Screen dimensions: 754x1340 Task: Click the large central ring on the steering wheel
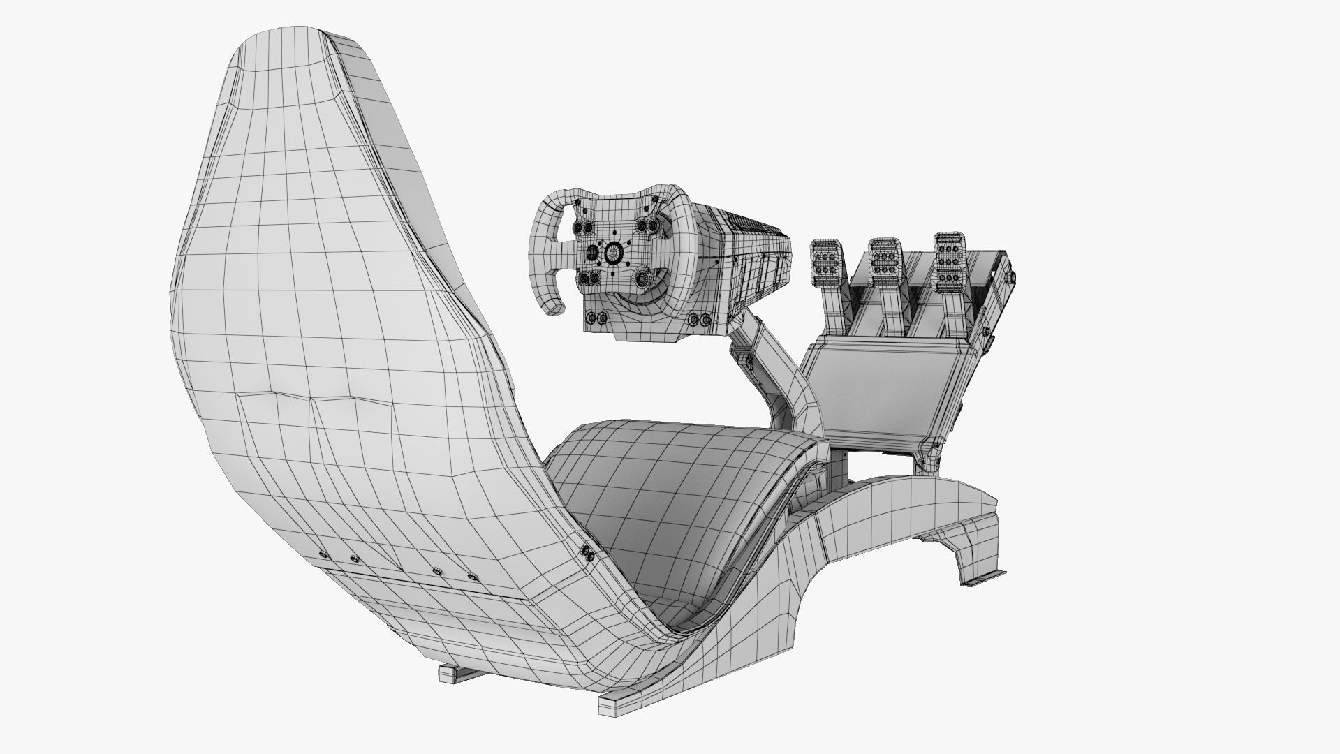tap(614, 252)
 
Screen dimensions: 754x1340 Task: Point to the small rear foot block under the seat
tap(454, 674)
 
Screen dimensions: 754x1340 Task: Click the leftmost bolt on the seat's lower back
tap(323, 554)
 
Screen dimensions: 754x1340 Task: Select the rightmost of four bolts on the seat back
tap(473, 577)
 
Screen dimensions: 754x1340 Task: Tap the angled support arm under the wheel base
tap(775, 377)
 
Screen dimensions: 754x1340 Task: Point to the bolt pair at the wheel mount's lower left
tap(595, 318)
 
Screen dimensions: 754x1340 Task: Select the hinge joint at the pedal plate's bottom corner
tap(927, 458)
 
